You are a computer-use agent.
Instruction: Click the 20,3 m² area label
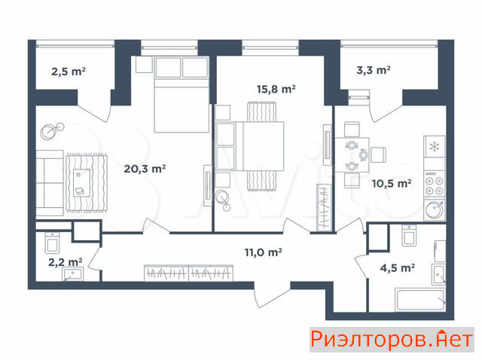[145, 169]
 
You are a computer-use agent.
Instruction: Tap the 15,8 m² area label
[276, 89]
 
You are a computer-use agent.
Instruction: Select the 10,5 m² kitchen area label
[392, 184]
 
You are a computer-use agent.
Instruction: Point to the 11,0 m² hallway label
[264, 252]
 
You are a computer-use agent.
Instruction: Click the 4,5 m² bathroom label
[398, 268]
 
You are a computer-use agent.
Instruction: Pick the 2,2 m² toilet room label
[66, 262]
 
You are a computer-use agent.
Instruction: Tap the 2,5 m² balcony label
[69, 72]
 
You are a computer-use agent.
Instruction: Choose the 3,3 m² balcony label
[374, 70]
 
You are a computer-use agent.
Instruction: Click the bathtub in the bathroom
[421, 299]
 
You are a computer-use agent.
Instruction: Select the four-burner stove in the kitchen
[435, 185]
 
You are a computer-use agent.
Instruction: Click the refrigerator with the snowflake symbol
[435, 147]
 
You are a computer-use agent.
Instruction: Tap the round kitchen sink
[435, 209]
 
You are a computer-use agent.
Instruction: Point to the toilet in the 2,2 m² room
[53, 243]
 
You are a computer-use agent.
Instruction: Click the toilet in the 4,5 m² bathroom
[409, 235]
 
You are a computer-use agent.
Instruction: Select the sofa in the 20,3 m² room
[50, 183]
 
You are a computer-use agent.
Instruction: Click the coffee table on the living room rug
[81, 183]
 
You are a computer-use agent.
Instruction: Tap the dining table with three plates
[352, 154]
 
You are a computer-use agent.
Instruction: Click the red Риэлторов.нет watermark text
[392, 340]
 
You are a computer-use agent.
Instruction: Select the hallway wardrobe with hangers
[188, 273]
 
